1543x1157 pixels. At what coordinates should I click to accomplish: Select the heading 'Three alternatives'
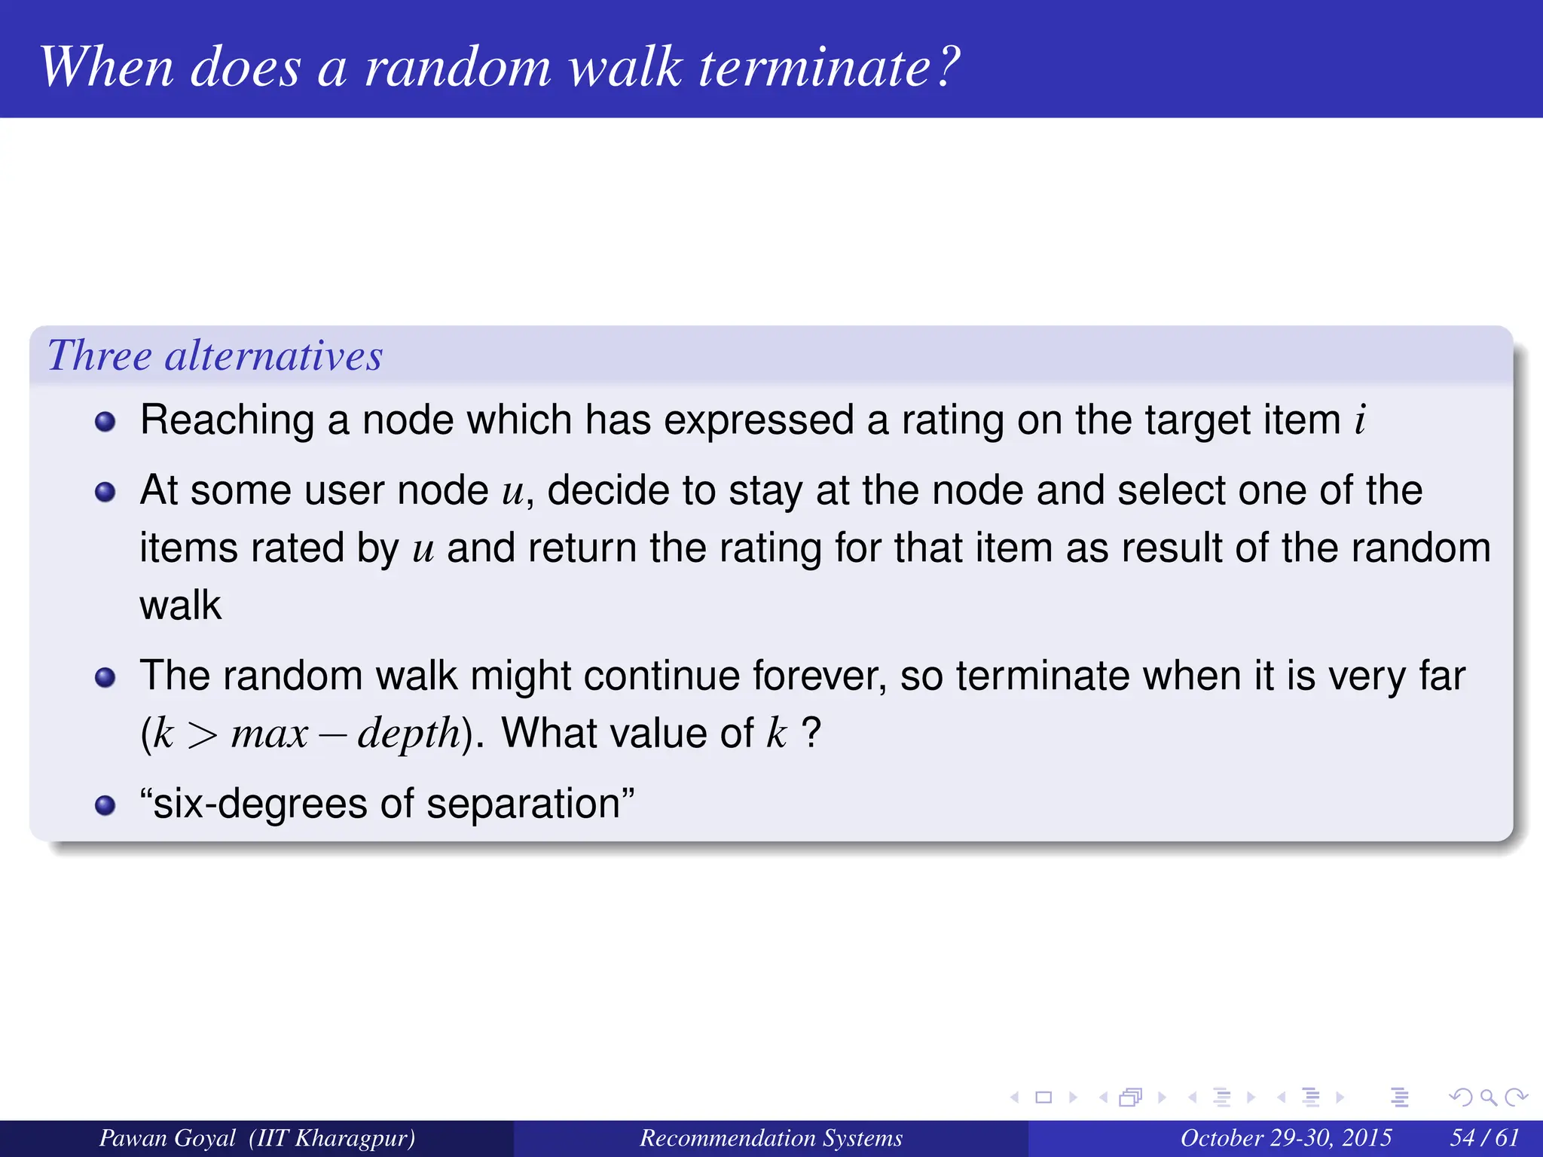click(x=215, y=356)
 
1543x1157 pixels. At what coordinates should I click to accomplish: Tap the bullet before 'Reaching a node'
click(x=105, y=422)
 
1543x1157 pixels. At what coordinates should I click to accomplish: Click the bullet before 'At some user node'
click(x=105, y=493)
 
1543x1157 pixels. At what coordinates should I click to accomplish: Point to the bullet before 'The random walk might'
click(x=105, y=678)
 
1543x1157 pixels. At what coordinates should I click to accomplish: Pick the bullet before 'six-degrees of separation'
click(x=105, y=805)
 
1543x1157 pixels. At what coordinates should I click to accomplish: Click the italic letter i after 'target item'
click(x=1360, y=420)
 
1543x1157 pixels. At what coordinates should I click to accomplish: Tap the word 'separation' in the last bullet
click(x=523, y=804)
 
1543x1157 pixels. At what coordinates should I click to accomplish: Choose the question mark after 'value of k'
click(x=811, y=732)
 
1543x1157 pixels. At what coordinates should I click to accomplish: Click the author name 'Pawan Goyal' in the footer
click(x=167, y=1137)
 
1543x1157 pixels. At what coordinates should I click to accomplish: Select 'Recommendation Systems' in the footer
click(x=771, y=1137)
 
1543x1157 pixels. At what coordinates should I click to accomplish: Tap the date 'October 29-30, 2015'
click(x=1285, y=1137)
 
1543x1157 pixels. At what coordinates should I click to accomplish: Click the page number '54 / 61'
click(x=1484, y=1137)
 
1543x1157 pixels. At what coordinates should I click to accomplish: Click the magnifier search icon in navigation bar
click(x=1488, y=1097)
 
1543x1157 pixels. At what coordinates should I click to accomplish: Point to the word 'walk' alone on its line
click(x=181, y=606)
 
